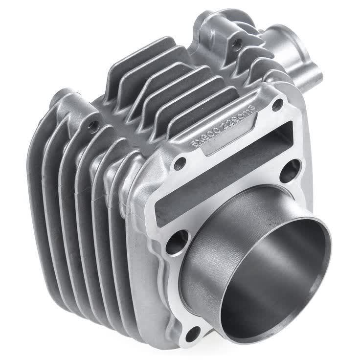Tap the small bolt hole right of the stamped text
(277, 104)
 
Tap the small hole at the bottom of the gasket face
(193, 334)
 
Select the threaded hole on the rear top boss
(236, 44)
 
